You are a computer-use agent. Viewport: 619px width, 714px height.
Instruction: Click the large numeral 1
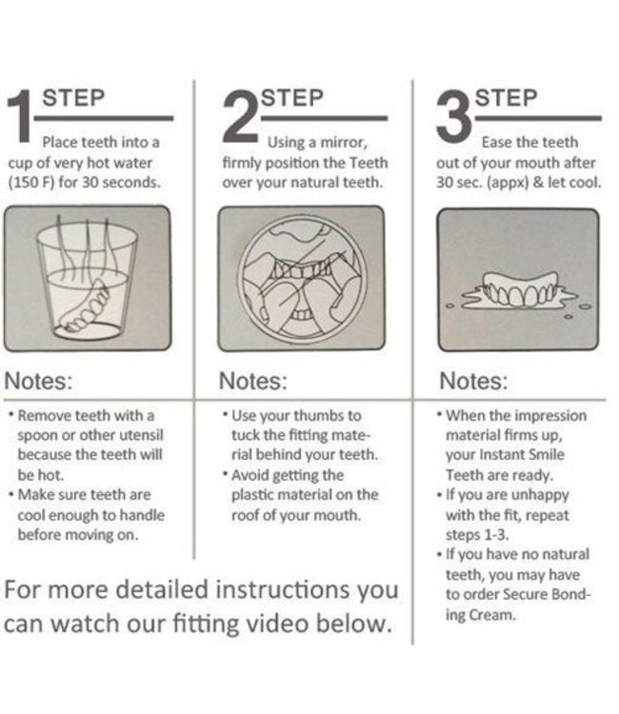point(20,115)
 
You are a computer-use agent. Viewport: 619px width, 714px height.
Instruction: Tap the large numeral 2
point(241,115)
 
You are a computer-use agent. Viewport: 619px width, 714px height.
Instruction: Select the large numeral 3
point(453,115)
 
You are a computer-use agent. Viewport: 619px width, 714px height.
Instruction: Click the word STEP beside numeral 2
point(292,98)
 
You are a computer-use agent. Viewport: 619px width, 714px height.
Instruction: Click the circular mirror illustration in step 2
point(302,279)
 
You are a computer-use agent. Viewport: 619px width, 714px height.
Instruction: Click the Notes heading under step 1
point(38,381)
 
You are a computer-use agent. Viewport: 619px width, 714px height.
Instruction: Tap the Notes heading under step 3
point(473,381)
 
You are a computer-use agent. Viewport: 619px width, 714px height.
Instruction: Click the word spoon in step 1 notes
point(38,436)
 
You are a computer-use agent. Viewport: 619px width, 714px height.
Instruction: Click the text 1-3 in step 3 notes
point(496,535)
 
